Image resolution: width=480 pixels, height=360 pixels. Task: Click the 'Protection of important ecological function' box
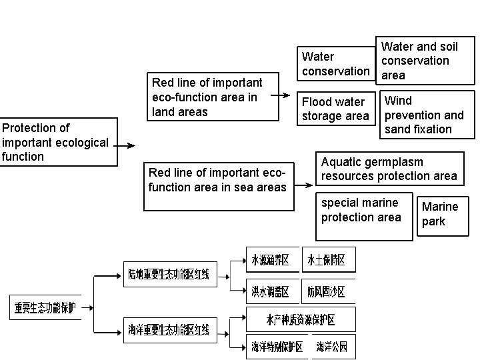click(x=55, y=142)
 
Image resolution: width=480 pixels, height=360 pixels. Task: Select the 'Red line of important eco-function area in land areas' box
click(x=213, y=97)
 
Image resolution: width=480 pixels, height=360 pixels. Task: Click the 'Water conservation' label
click(x=335, y=64)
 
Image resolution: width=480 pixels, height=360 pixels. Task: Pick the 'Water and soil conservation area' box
click(x=425, y=61)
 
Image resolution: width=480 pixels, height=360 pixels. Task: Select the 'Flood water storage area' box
click(x=335, y=109)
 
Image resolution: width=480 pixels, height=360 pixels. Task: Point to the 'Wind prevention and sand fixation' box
click(x=427, y=115)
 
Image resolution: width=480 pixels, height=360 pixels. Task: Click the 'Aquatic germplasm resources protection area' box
click(x=389, y=169)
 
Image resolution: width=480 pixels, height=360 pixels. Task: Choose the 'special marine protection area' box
click(x=364, y=215)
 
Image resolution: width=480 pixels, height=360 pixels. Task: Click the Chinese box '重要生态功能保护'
click(x=45, y=308)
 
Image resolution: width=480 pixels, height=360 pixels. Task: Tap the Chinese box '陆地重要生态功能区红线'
click(x=170, y=274)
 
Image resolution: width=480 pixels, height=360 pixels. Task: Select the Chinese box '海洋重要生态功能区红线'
click(x=170, y=329)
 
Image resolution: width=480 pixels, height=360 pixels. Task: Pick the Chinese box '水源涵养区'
click(x=270, y=260)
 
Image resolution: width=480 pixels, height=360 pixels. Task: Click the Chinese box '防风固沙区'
click(x=326, y=291)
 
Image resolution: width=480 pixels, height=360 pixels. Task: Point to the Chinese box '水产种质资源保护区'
click(x=300, y=319)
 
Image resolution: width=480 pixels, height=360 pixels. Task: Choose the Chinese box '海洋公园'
click(x=331, y=347)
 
